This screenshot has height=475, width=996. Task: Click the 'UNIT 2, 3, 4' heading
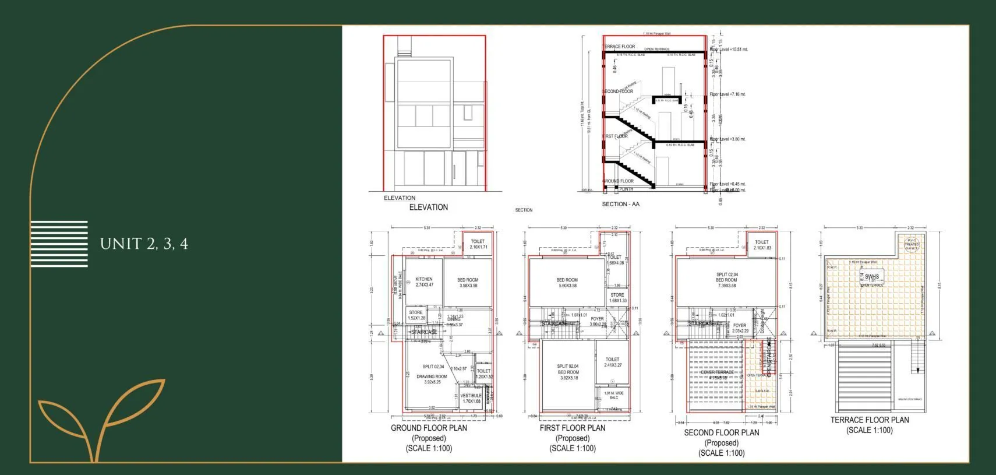coord(144,244)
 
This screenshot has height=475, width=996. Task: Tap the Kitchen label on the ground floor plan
coord(424,282)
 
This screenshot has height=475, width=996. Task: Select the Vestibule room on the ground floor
coord(471,398)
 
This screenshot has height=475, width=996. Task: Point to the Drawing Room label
coord(432,377)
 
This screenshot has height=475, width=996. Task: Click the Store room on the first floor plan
coord(617,297)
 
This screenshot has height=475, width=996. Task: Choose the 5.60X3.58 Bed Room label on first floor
coord(567,283)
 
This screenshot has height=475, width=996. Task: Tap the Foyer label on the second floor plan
coord(739,328)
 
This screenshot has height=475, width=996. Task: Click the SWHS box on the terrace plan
coord(871,277)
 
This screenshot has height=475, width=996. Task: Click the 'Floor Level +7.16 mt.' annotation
coord(727,94)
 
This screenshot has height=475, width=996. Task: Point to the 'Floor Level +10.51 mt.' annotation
coord(729,50)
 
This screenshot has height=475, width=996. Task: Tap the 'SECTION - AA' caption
coord(620,204)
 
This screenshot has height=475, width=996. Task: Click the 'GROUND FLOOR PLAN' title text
coord(429,428)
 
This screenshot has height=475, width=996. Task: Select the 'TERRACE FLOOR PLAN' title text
coord(870,420)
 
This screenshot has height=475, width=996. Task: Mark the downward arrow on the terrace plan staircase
coord(918,370)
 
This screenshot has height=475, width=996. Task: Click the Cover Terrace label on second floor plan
coord(717,375)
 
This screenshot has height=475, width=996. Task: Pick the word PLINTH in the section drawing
coord(626,189)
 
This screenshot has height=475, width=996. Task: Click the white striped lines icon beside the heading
coord(59,244)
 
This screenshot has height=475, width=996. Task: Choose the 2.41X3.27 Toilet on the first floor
coord(612,363)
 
